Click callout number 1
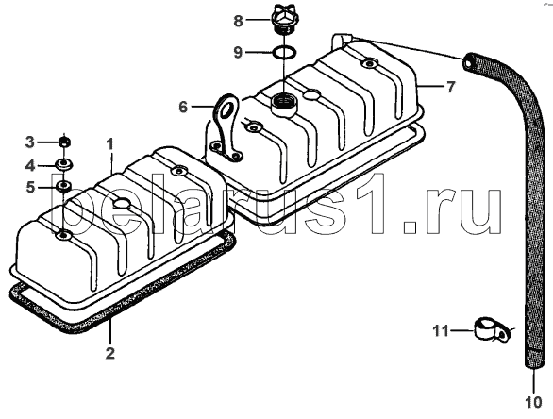[110, 144]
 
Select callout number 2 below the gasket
[110, 353]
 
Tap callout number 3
[29, 142]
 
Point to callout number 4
[30, 165]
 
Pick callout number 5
[31, 187]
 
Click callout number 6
[183, 107]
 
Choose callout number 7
[451, 87]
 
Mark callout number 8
[239, 21]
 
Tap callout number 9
[239, 53]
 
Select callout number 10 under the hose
[533, 402]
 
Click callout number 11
[441, 331]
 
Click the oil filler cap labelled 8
[283, 20]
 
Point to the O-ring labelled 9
[284, 53]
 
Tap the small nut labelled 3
[64, 142]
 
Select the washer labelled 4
[64, 165]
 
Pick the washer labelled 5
[64, 186]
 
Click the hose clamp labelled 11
[491, 329]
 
